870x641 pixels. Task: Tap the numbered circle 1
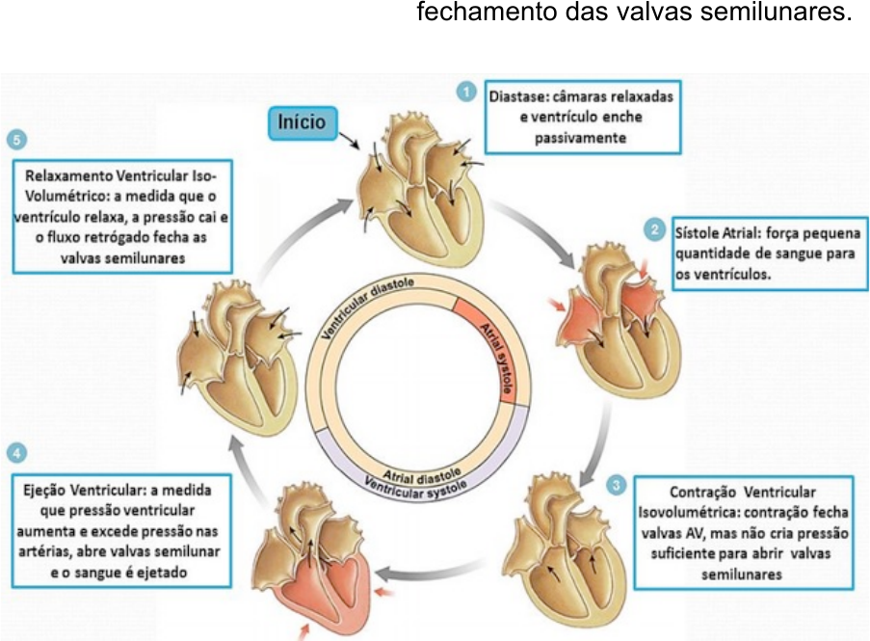coord(465,92)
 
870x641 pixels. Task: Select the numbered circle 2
coord(655,228)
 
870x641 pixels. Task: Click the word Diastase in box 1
coord(517,97)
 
